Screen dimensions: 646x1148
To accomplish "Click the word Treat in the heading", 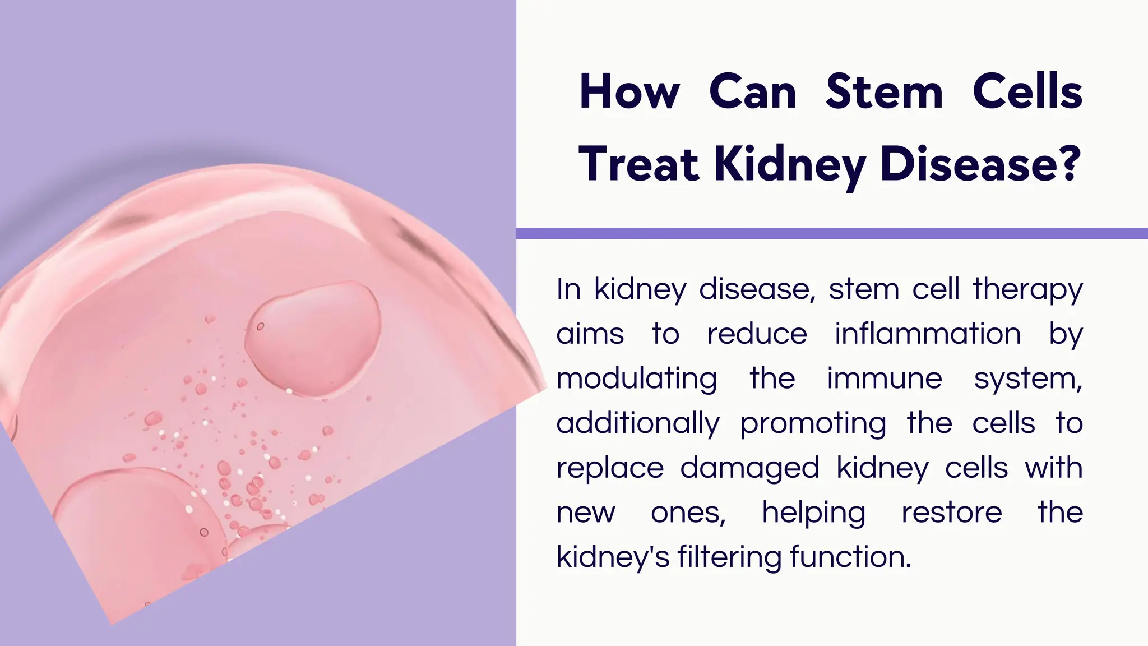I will coord(638,164).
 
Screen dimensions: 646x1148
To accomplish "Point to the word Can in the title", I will coord(752,93).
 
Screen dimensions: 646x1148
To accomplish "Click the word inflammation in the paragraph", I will coord(928,334).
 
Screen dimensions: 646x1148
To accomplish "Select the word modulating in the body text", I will coord(636,379).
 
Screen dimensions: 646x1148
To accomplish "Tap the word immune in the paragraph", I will coord(884,379).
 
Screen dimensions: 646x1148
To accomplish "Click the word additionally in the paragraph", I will coord(637,423).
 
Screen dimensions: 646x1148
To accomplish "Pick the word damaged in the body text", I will coord(749,468).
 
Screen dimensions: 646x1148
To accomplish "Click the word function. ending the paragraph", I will coord(850,557).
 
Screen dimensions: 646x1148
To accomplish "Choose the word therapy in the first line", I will coord(1027,290).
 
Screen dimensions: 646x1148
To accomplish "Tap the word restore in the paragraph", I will coord(951,513).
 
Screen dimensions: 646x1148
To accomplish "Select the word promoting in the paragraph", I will coord(813,424).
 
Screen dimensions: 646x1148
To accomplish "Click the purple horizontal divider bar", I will coord(832,233).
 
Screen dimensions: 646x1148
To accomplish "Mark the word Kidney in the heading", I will coord(790,165).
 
